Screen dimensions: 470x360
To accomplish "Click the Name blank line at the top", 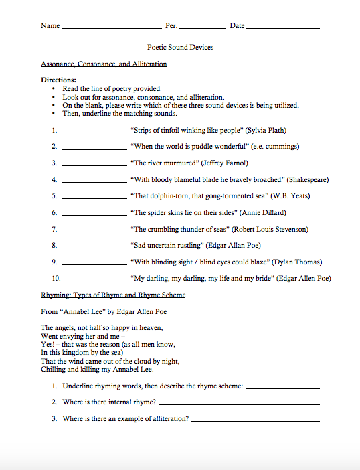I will (110, 29).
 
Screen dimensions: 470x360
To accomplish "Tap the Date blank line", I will (282, 29).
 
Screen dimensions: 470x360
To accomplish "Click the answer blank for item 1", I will (94, 133).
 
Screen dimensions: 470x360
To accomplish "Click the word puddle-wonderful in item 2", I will (217, 146).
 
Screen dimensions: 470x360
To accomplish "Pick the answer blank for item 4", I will (94, 183).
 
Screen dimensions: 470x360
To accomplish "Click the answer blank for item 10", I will (94, 281).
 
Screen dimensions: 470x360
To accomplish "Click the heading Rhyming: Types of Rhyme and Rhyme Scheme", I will (113, 295).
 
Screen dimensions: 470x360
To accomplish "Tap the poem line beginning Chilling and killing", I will (97, 369).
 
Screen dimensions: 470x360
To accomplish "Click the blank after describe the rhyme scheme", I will (282, 388).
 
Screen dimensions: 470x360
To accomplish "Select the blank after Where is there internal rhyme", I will (239, 404).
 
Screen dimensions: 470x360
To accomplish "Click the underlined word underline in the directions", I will (96, 114).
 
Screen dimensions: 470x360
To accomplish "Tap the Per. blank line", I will (203, 29).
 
